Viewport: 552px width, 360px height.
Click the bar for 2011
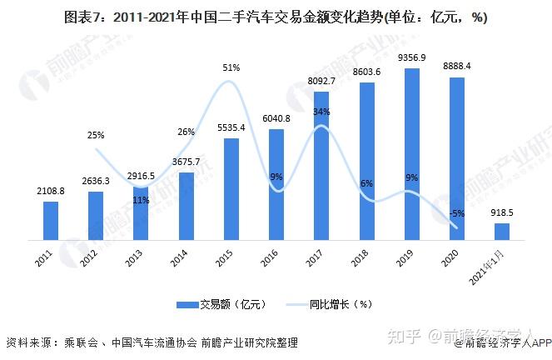point(51,221)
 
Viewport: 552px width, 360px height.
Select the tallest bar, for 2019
point(412,154)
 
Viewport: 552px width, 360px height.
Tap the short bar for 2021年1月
point(502,232)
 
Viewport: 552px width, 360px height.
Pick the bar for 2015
point(231,189)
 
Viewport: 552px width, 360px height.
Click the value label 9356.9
point(411,57)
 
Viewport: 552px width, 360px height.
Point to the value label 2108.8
point(51,191)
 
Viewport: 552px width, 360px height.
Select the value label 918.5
point(502,212)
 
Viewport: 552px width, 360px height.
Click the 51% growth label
point(231,67)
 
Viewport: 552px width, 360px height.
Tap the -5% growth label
point(457,213)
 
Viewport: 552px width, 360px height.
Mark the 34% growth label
point(321,112)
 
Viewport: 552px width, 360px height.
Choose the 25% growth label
point(96,135)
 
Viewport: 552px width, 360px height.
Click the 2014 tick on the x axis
point(179,257)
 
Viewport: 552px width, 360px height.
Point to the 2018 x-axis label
point(360,257)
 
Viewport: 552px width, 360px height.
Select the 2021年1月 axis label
point(487,267)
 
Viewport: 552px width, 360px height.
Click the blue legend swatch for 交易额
point(187,305)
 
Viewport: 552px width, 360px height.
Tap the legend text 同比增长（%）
point(341,304)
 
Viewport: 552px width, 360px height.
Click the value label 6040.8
point(276,118)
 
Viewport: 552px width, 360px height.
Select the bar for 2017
point(321,166)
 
